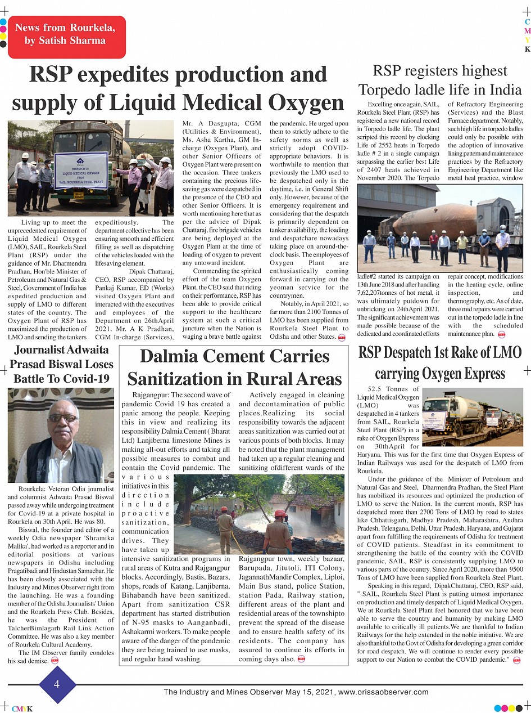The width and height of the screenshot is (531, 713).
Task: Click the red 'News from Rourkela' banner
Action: coord(66,34)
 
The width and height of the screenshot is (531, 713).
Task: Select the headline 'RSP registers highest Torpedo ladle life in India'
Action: coord(440,80)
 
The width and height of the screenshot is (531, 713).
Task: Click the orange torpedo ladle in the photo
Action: coord(433,221)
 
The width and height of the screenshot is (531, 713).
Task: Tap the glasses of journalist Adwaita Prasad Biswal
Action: coord(63,418)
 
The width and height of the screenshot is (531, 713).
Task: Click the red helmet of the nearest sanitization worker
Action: coord(279,513)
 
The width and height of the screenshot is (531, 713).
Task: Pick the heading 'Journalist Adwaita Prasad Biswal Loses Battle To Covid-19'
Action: coord(61,364)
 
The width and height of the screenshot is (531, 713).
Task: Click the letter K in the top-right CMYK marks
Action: coord(527,50)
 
